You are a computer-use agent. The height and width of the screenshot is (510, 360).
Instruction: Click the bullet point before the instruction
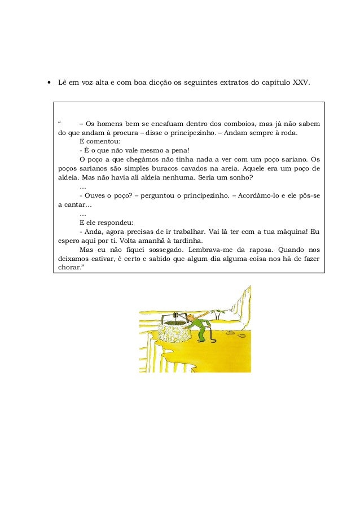click(49, 82)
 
